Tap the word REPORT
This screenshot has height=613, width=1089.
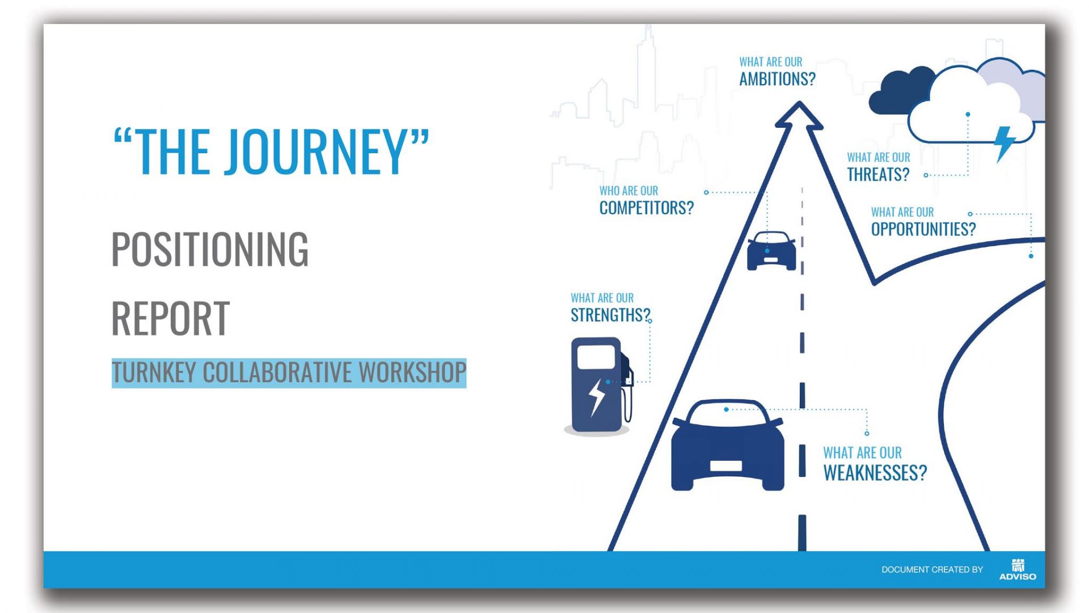pos(170,318)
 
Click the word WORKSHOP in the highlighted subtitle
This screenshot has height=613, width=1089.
pos(412,372)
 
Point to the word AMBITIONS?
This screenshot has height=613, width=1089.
pos(777,79)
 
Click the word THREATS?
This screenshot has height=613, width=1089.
pos(878,174)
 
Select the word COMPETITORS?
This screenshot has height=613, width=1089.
pos(647,208)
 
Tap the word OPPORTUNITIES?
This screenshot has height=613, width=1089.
pos(923,229)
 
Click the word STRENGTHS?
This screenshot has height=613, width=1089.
pos(610,315)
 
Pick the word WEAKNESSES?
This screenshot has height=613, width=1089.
pos(875,473)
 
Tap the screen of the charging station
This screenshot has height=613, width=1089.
pos(596,357)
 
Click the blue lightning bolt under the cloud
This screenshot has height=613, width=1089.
pos(1004,144)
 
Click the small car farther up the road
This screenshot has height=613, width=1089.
pos(771,250)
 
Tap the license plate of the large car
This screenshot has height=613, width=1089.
pos(726,466)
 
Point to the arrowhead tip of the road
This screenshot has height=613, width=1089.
pos(799,102)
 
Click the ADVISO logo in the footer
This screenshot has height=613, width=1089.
pos(1018,569)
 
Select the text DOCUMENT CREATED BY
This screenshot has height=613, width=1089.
pos(932,570)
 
